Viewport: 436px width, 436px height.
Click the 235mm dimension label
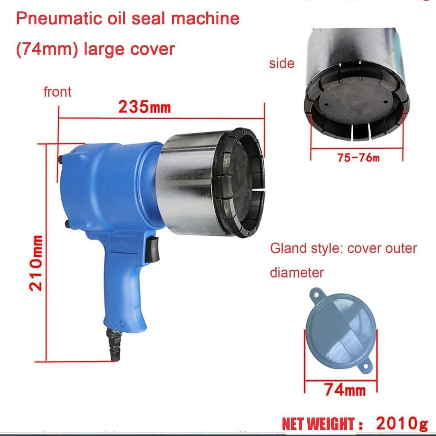(144, 107)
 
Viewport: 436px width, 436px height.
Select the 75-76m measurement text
(358, 158)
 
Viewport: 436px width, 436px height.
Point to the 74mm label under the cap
(345, 390)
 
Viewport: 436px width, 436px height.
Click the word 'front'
(57, 92)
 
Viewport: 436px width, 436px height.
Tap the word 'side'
(282, 63)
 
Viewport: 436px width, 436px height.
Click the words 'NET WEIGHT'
(318, 424)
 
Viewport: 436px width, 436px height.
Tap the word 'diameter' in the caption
(296, 272)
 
